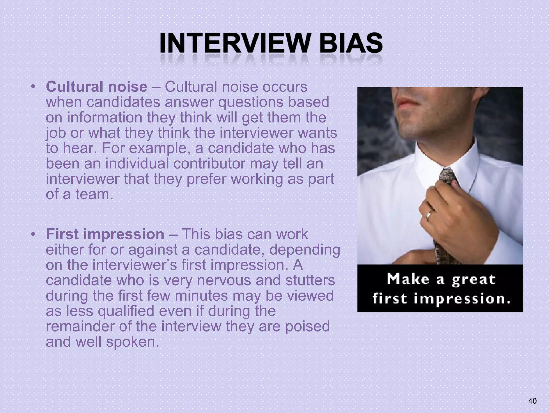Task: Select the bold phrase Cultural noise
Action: point(96,87)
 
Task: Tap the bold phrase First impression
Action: point(105,234)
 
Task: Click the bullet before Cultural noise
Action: point(33,87)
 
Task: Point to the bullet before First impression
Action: point(33,234)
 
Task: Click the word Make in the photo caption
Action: point(408,279)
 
